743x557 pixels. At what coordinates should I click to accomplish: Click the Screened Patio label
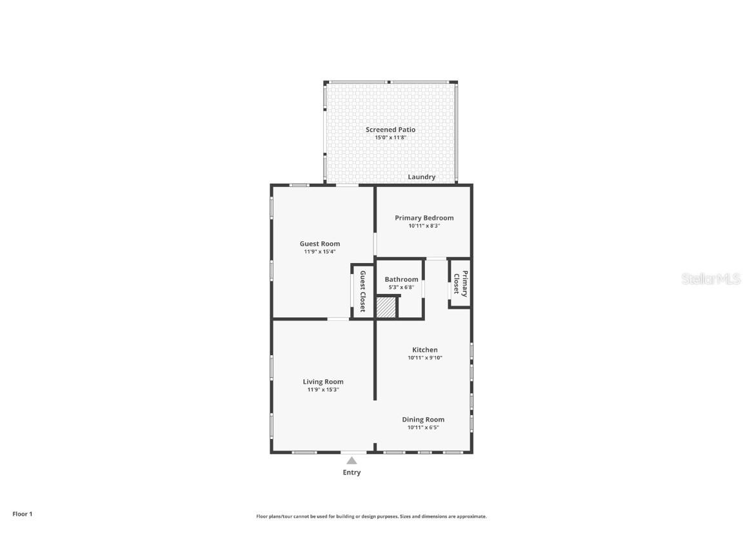coord(390,130)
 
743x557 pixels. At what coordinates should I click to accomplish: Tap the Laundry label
coord(421,177)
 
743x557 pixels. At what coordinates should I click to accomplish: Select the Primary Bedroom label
coord(424,218)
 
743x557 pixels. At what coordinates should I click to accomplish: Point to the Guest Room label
coord(319,244)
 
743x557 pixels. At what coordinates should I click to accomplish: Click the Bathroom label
coord(401,279)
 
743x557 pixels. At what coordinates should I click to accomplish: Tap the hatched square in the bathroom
coord(386,307)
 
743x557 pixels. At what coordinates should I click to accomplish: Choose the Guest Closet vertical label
coord(362,291)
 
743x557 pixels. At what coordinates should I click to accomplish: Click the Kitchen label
coord(424,350)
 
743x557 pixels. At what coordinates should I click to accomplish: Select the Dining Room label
coord(423,420)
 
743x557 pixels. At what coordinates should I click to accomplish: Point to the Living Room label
coord(323,382)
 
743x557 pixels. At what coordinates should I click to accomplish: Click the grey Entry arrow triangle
coord(352,460)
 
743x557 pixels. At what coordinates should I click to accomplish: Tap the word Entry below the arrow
coord(352,473)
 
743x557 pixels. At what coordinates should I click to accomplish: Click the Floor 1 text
coord(22,514)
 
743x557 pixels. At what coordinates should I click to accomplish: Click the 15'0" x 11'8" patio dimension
coord(390,137)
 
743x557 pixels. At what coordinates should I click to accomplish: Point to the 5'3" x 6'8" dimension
coord(401,287)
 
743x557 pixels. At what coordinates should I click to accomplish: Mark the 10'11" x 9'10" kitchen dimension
coord(424,358)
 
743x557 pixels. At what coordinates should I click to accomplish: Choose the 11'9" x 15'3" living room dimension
coord(323,389)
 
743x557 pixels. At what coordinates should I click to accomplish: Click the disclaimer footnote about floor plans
coord(371,516)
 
